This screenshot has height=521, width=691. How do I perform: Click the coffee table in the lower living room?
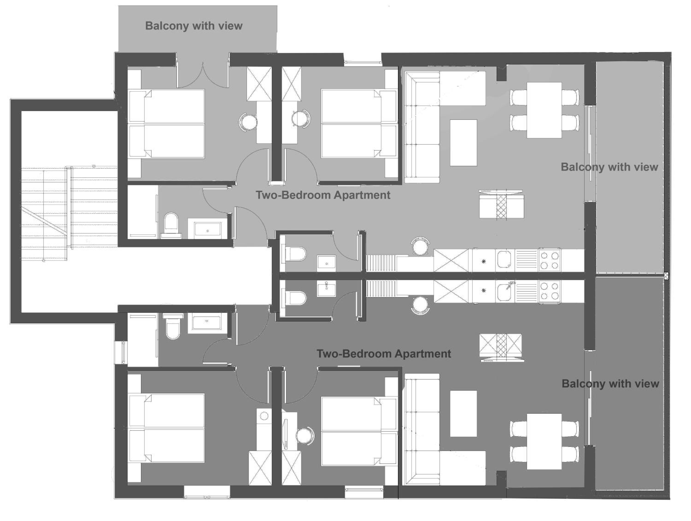463,413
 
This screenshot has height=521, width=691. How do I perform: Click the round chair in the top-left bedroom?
248,122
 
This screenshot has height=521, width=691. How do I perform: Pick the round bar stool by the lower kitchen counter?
420,305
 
